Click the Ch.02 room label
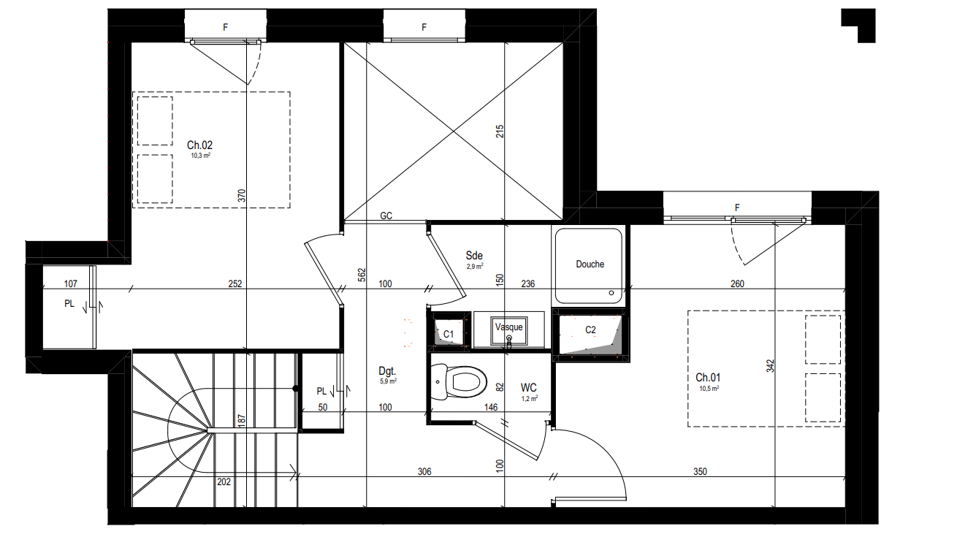tap(199, 145)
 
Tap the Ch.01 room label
tap(708, 377)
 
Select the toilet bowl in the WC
tap(459, 382)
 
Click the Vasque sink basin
tap(509, 330)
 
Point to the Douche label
tap(590, 264)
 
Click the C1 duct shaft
tap(449, 333)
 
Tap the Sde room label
tap(474, 255)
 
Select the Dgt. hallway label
tap(387, 371)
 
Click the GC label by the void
tap(386, 216)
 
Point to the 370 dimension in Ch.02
tap(242, 196)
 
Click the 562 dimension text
tap(362, 275)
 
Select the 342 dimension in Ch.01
tap(770, 366)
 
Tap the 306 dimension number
tap(424, 471)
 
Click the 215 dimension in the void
tap(500, 132)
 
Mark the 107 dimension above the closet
tap(71, 284)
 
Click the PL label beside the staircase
tap(321, 392)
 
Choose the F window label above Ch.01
tap(737, 207)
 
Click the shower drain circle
tap(611, 293)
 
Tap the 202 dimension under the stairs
tap(224, 482)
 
